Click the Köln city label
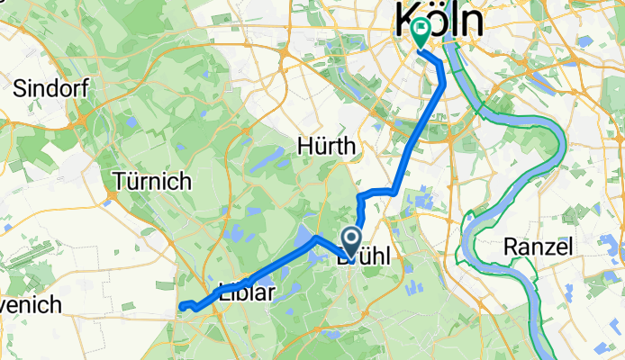[439, 20]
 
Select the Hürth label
[327, 146]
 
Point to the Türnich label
[152, 181]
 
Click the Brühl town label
[365, 256]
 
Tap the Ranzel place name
[539, 247]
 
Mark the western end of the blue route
[181, 307]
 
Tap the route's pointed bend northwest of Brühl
[313, 238]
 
